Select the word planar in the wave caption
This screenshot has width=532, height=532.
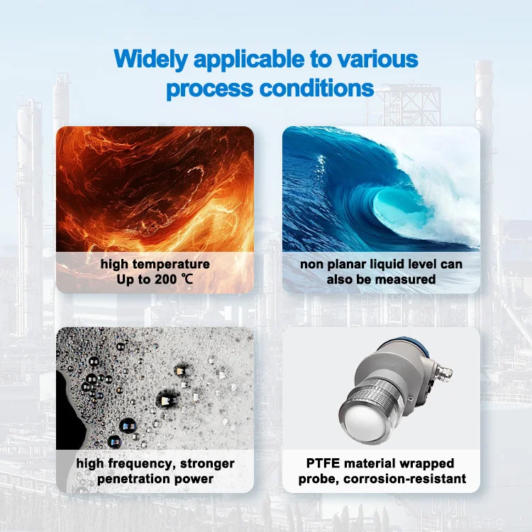coord(352,264)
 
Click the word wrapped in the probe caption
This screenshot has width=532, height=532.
coord(427,464)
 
